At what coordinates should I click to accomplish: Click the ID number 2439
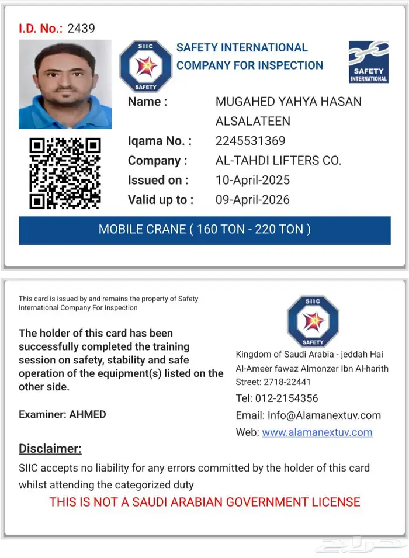tap(81, 28)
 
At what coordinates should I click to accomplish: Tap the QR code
tap(65, 173)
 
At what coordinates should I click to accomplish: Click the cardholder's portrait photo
tap(65, 84)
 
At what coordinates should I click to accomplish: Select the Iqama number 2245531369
tap(250, 141)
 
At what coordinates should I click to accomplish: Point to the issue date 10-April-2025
tap(252, 180)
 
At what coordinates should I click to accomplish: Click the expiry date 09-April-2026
tap(252, 200)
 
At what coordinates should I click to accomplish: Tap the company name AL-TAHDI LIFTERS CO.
tap(278, 161)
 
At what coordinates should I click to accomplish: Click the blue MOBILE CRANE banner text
tap(204, 229)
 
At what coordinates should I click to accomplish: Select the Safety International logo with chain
tap(368, 61)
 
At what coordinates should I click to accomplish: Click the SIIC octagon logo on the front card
tap(145, 66)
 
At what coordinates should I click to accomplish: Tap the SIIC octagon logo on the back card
tap(313, 321)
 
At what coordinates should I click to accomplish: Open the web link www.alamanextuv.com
tap(317, 432)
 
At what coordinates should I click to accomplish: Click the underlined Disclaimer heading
tap(50, 449)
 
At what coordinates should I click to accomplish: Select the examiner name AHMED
tap(88, 414)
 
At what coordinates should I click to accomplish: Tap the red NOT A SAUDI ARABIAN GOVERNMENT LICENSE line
tap(204, 501)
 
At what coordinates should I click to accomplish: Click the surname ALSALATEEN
tap(253, 122)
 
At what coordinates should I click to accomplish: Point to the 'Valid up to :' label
tap(161, 200)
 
